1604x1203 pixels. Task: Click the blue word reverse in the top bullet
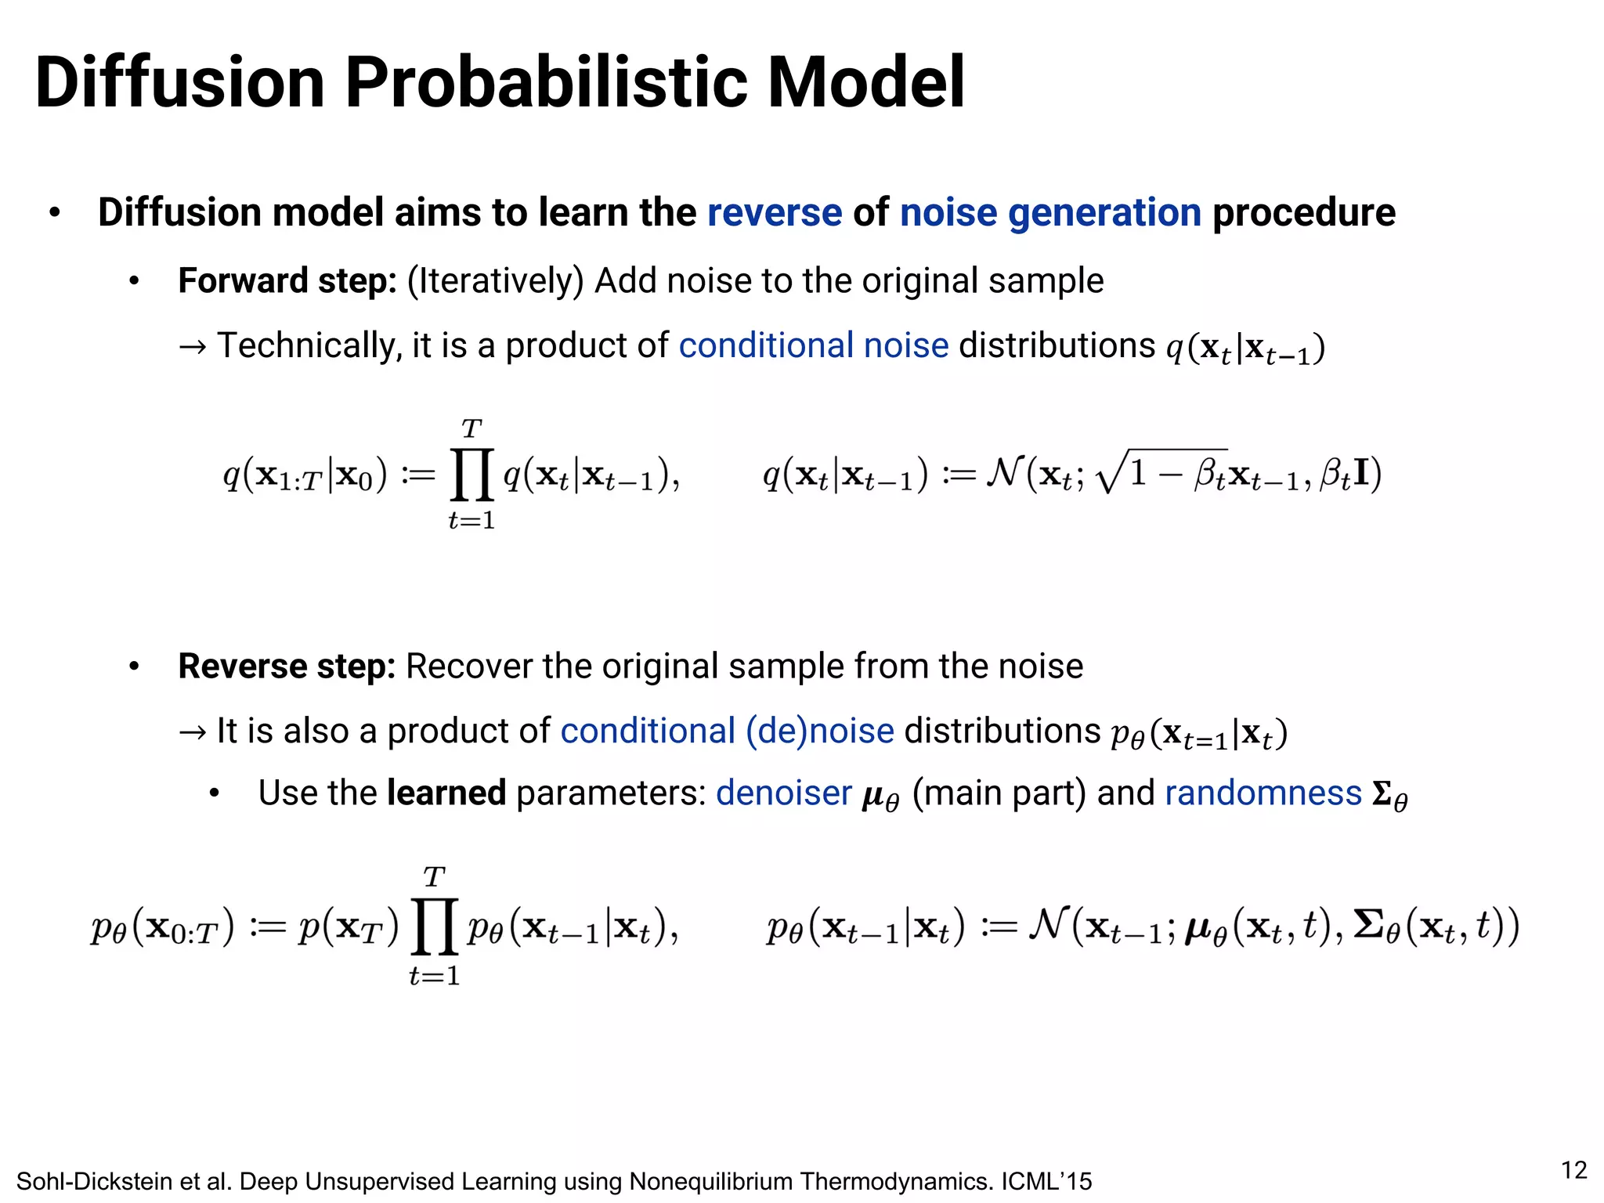point(774,213)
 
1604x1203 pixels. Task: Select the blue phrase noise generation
point(1050,213)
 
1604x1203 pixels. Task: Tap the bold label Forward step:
point(287,281)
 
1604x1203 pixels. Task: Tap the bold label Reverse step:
point(287,667)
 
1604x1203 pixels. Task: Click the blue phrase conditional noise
point(813,345)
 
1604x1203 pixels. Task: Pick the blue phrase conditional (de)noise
point(727,731)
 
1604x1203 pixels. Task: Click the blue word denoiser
point(783,793)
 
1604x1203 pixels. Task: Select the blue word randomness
point(1263,793)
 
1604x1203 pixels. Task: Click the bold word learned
point(446,793)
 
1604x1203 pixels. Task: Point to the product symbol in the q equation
point(471,475)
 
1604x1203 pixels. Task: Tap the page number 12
point(1573,1170)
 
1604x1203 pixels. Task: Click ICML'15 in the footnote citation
point(1046,1181)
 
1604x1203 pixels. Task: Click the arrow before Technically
point(193,347)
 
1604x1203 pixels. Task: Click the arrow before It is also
point(193,732)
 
